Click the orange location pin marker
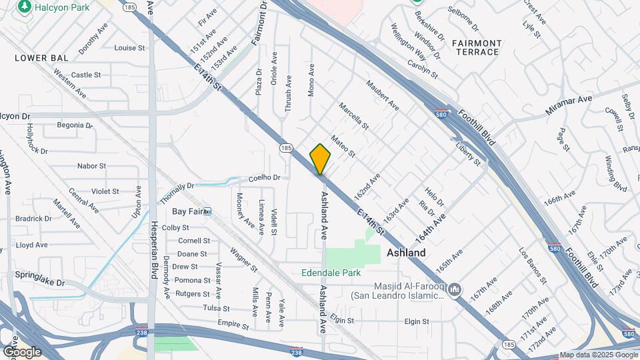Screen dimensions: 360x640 click(x=321, y=159)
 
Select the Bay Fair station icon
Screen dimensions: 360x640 click(x=207, y=211)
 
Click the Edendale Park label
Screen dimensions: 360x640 click(x=331, y=273)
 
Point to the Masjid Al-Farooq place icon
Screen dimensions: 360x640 click(x=455, y=289)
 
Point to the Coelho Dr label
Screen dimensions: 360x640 click(x=269, y=178)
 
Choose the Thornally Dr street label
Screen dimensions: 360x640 click(x=177, y=194)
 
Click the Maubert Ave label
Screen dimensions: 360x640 click(x=383, y=96)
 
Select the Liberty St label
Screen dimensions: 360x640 click(x=468, y=154)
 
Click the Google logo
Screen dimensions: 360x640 click(x=22, y=351)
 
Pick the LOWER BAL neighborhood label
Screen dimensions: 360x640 click(x=41, y=59)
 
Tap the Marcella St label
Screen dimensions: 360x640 click(x=353, y=115)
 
